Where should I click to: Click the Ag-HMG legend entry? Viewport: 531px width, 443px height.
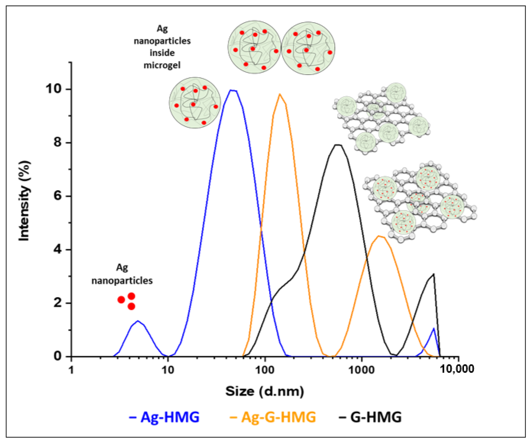pyautogui.click(x=164, y=417)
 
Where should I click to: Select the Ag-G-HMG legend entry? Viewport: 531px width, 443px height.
pyautogui.click(x=273, y=417)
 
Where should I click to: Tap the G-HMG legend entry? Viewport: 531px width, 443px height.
pyautogui.click(x=370, y=417)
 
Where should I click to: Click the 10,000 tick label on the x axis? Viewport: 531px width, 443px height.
pyautogui.click(x=457, y=369)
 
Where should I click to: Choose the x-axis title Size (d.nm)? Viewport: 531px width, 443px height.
pyautogui.click(x=264, y=391)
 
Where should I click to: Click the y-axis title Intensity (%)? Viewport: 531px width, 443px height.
pyautogui.click(x=25, y=201)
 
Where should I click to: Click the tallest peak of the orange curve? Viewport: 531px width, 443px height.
pyautogui.click(x=280, y=94)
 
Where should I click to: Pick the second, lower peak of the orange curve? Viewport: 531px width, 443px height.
pyautogui.click(x=379, y=236)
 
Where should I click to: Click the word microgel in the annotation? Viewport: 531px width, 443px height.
pyautogui.click(x=162, y=65)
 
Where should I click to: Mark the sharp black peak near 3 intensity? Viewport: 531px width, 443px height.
pyautogui.click(x=434, y=274)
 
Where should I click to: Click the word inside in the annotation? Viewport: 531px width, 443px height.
pyautogui.click(x=162, y=53)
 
